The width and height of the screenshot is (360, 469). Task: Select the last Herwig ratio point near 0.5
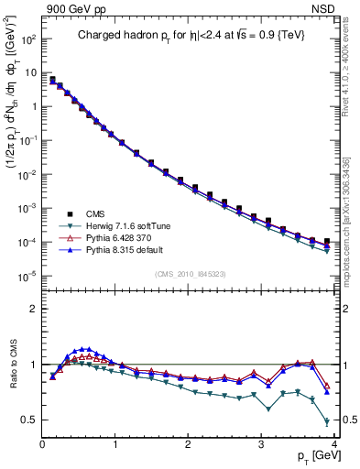pos(327,421)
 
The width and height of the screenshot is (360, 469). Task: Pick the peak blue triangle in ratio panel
pos(86,349)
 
